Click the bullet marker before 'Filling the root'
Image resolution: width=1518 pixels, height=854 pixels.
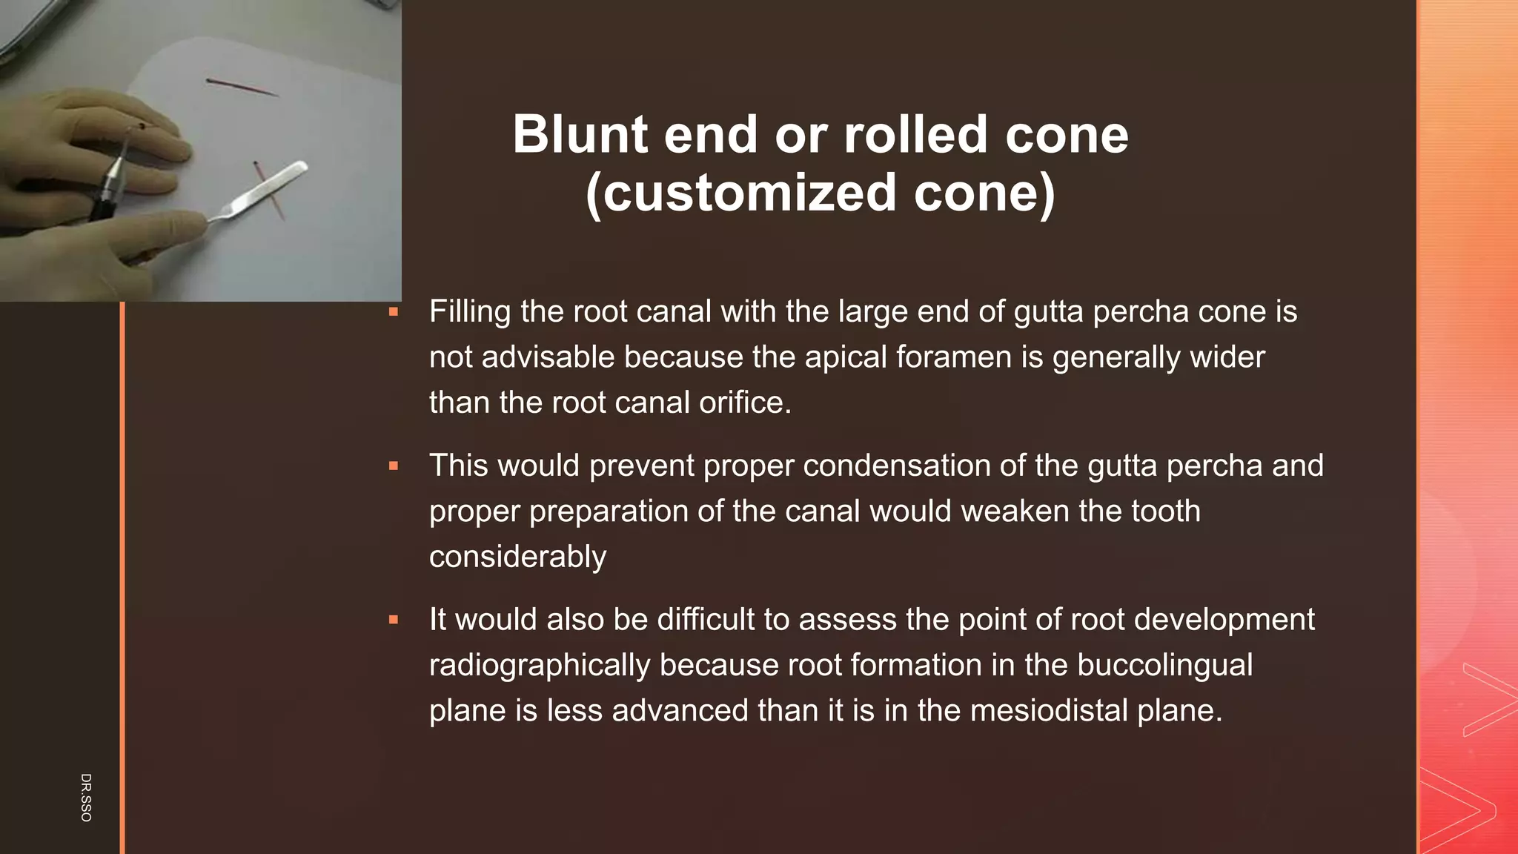pyautogui.click(x=394, y=312)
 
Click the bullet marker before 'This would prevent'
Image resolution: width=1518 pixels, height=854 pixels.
pyautogui.click(x=394, y=466)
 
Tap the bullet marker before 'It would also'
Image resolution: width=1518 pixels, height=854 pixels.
pyautogui.click(x=394, y=620)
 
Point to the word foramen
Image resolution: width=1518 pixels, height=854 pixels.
pyautogui.click(x=955, y=357)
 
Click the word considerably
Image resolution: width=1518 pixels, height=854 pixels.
pyautogui.click(x=517, y=557)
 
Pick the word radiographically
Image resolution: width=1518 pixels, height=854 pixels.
pyautogui.click(x=539, y=665)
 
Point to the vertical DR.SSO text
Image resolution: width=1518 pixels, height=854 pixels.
pyautogui.click(x=86, y=797)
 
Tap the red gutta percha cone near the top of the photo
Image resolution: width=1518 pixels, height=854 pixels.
pyautogui.click(x=242, y=87)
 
